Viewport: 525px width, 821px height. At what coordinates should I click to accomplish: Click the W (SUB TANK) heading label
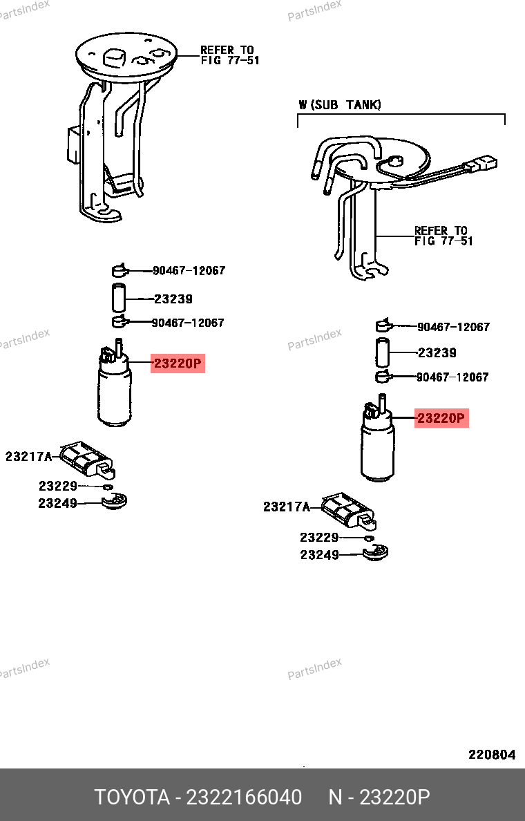pyautogui.click(x=340, y=105)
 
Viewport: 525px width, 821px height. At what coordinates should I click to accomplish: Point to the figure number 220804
pyautogui.click(x=492, y=755)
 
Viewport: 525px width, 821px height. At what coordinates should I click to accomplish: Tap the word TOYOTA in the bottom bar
pyautogui.click(x=132, y=797)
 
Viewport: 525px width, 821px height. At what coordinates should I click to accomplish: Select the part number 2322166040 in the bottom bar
pyautogui.click(x=244, y=797)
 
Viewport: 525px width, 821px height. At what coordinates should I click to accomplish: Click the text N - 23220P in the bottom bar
pyautogui.click(x=379, y=797)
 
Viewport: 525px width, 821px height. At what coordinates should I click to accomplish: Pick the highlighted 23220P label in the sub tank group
pyautogui.click(x=441, y=418)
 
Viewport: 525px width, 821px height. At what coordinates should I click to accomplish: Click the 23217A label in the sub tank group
pyautogui.click(x=286, y=507)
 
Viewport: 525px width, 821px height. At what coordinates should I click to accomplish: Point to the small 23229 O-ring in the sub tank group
pyautogui.click(x=369, y=538)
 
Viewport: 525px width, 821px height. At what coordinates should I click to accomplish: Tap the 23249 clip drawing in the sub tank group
pyautogui.click(x=375, y=553)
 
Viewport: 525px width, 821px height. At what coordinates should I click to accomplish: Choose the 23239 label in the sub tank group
pyautogui.click(x=437, y=352)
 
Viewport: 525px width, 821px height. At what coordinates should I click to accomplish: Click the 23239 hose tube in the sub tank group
pyautogui.click(x=382, y=352)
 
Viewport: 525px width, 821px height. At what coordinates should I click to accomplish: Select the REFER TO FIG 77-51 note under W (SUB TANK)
pyautogui.click(x=443, y=236)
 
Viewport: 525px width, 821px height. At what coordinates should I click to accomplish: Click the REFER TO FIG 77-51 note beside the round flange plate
pyautogui.click(x=230, y=55)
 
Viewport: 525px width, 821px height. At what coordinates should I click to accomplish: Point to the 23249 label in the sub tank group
pyautogui.click(x=319, y=554)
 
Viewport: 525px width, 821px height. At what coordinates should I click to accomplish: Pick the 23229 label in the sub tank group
pyautogui.click(x=319, y=537)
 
